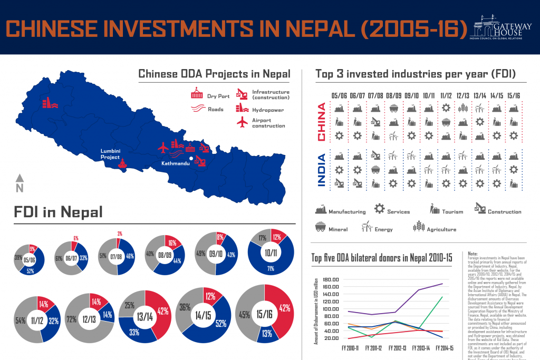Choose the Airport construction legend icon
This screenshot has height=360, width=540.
[x=242, y=122]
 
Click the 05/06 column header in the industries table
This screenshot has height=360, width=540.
[x=339, y=95]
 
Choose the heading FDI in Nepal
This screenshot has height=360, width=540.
[x=57, y=212]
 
